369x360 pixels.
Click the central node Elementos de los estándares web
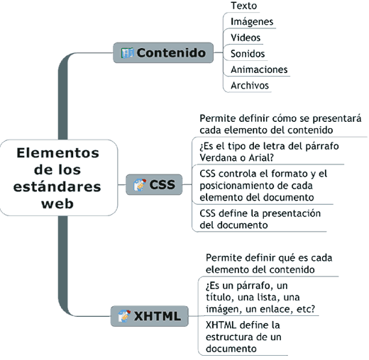(x=59, y=178)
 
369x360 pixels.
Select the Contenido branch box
(x=163, y=52)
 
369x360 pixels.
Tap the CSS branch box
(x=154, y=184)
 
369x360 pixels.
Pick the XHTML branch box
(x=150, y=316)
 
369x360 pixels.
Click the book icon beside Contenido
(x=127, y=53)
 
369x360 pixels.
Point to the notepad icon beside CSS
(x=140, y=185)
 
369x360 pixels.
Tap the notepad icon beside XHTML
(x=124, y=316)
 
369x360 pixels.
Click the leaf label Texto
(x=243, y=6)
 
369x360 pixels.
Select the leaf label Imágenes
(x=252, y=21)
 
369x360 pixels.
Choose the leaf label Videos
(x=246, y=38)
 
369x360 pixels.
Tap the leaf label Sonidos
(x=248, y=54)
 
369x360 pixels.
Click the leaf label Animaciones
(x=259, y=69)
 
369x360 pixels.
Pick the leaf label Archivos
(x=250, y=85)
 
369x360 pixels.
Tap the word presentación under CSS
(x=292, y=214)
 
